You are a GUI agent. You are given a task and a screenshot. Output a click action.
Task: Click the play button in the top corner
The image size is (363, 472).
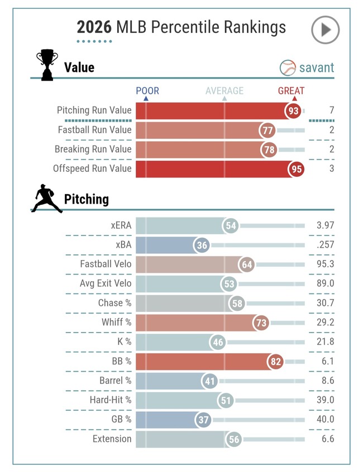coord(326,30)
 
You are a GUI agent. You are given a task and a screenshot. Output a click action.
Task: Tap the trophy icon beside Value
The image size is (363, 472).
coord(47,65)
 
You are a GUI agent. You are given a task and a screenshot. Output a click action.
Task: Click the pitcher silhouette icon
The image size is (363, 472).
coord(47,199)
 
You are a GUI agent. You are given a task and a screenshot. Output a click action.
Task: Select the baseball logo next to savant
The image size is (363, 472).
coord(288,68)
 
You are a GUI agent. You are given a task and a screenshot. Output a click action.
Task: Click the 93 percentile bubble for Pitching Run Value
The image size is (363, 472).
coord(293,111)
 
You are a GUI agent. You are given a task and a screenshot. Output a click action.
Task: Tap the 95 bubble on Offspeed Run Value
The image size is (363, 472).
coord(296,169)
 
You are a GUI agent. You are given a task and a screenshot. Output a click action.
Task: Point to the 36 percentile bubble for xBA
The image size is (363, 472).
coord(202,245)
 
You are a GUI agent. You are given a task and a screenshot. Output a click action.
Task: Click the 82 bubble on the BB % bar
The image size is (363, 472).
coord(275,361)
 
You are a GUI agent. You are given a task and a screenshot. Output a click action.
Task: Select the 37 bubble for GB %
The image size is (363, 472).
coord(203,420)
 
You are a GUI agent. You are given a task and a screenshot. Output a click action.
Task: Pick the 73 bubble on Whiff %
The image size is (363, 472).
coord(261,322)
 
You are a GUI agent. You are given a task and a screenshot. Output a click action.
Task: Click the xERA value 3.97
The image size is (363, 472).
coord(326,225)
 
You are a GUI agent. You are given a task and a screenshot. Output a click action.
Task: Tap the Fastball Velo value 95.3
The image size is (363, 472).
coord(326,264)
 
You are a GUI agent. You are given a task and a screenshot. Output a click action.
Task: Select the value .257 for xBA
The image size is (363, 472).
coord(326,244)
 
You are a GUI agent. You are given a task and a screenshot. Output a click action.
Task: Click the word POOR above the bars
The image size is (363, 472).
coord(147,90)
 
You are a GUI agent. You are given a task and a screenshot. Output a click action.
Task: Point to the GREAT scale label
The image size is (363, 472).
coord(291,90)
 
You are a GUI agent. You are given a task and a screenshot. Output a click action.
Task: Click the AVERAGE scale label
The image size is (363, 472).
coord(225,90)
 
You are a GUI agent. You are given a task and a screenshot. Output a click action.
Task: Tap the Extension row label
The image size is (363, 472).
coord(112,439)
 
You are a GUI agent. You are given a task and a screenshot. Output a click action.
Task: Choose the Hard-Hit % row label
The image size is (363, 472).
coord(111,400)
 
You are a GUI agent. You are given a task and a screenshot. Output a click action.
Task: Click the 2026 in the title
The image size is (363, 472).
coord(94,27)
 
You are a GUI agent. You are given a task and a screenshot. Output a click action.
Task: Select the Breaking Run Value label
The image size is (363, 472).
coord(93,150)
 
